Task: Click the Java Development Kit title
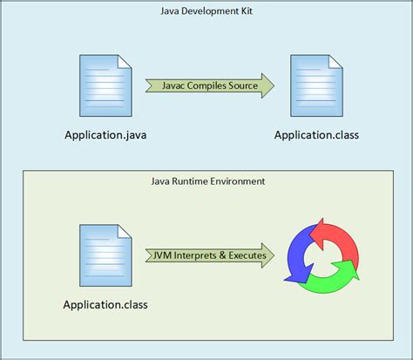(207, 11)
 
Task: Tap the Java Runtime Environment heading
(207, 181)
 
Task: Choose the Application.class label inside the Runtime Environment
(105, 305)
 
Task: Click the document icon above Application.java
(105, 85)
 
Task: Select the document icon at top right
(315, 85)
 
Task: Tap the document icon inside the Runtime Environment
(105, 255)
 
